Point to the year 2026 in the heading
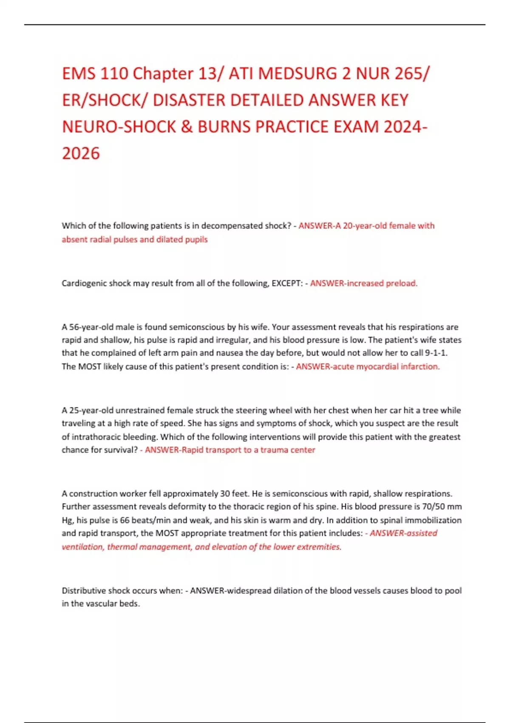81,154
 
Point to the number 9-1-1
436,353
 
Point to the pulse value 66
124,520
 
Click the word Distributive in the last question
84,590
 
